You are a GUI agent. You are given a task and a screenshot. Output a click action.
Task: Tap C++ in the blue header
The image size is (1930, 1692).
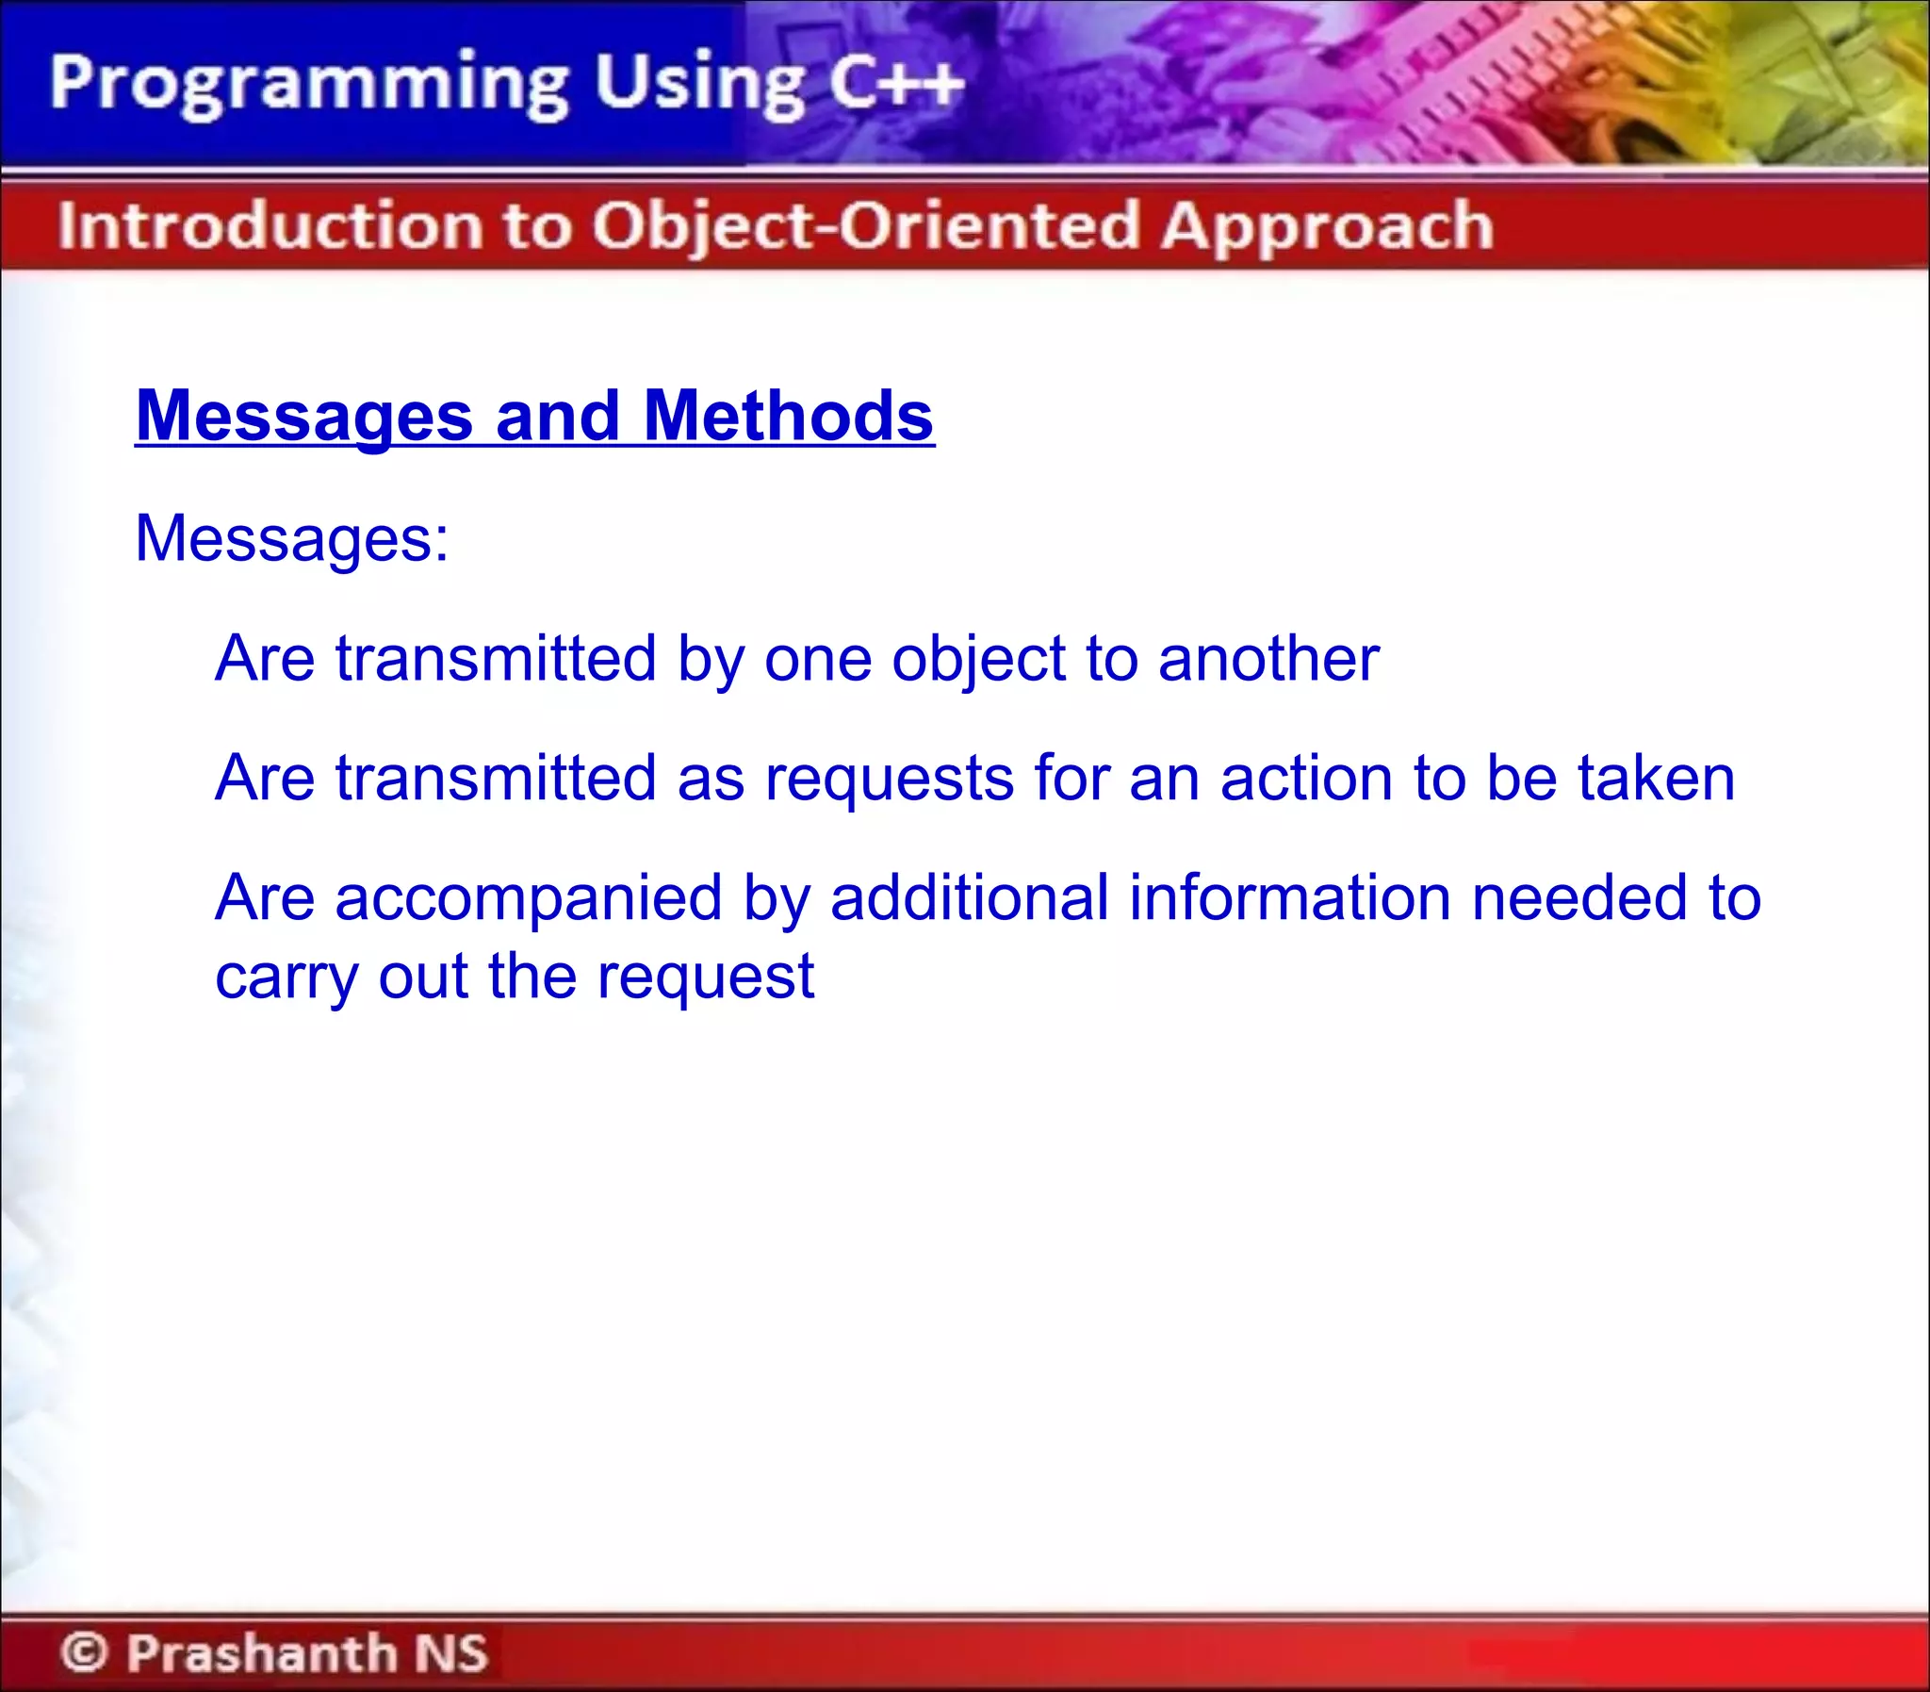coord(895,83)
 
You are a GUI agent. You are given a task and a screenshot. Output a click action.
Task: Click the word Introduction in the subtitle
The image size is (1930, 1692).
coord(269,226)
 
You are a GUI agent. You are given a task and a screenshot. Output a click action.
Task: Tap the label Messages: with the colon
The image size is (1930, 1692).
coord(291,538)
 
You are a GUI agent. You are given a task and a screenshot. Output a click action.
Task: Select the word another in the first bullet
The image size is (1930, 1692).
coord(1268,658)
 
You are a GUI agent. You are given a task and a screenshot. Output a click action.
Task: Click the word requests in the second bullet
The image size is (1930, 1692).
coord(888,780)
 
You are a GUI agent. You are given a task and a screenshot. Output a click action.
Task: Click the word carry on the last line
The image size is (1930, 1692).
coord(286,978)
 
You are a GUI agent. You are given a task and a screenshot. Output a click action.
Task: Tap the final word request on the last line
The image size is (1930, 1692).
coord(705,978)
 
